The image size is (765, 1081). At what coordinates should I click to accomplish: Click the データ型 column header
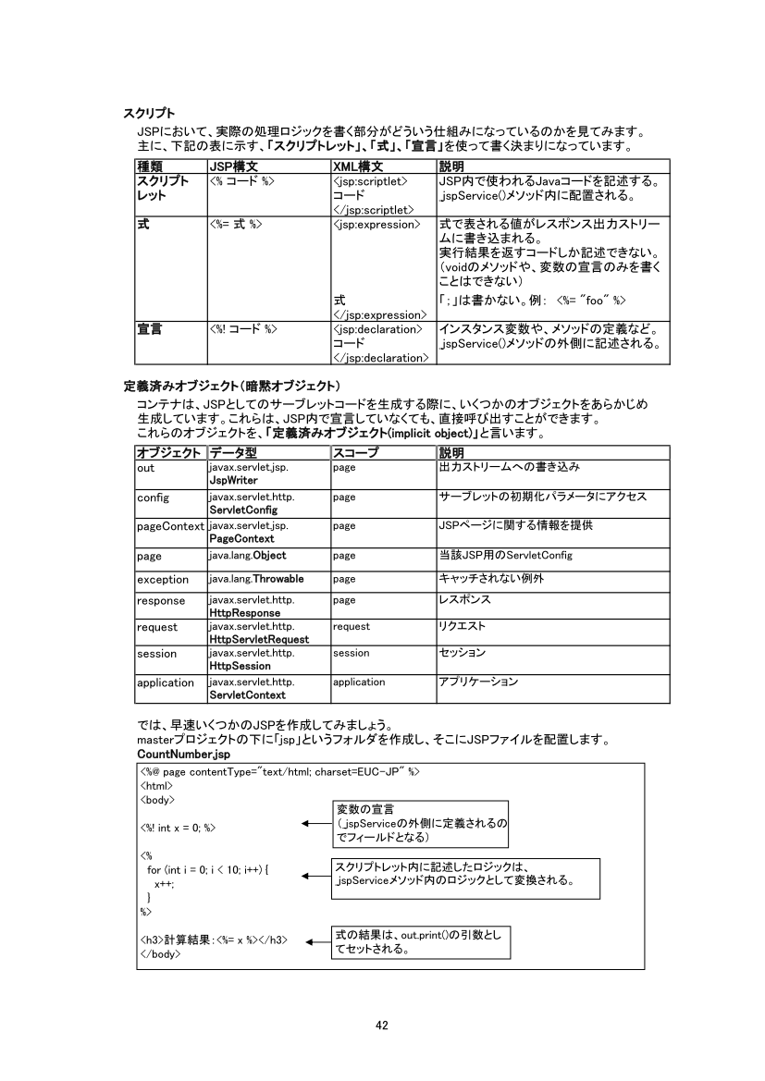pos(233,453)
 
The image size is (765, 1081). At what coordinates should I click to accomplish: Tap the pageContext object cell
pos(170,526)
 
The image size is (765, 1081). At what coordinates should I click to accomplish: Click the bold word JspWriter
pos(232,481)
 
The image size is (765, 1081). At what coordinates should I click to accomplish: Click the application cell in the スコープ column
pos(359,682)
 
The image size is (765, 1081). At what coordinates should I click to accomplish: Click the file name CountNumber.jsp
pos(175,755)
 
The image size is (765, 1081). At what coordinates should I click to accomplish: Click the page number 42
pos(382,1024)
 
